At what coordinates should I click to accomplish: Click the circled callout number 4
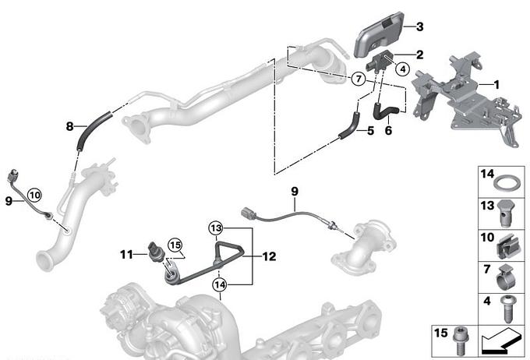pyautogui.click(x=402, y=69)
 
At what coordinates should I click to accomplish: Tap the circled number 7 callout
pyautogui.click(x=359, y=79)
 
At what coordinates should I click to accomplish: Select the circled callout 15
pyautogui.click(x=176, y=245)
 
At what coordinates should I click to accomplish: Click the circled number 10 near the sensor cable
pyautogui.click(x=35, y=195)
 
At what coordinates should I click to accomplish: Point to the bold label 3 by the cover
pyautogui.click(x=419, y=26)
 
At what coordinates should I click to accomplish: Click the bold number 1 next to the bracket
pyautogui.click(x=496, y=84)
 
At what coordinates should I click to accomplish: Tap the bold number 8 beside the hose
pyautogui.click(x=69, y=126)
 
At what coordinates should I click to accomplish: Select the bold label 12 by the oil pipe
pyautogui.click(x=269, y=256)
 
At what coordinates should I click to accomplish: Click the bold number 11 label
pyautogui.click(x=126, y=254)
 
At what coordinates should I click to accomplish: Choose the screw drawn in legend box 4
pyautogui.click(x=507, y=309)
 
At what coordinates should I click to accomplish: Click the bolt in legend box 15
pyautogui.click(x=459, y=341)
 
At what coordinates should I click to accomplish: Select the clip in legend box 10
pyautogui.click(x=507, y=246)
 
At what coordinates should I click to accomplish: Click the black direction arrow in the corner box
pyautogui.click(x=501, y=341)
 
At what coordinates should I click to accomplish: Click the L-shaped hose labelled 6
pyautogui.click(x=387, y=112)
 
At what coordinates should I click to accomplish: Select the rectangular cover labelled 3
pyautogui.click(x=380, y=34)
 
